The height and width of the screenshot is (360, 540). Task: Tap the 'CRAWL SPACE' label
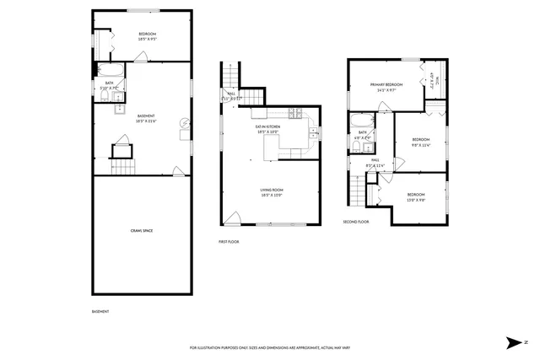[x=141, y=230]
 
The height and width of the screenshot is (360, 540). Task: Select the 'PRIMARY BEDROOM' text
[x=386, y=86]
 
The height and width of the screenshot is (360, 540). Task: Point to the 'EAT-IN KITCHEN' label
[x=267, y=128]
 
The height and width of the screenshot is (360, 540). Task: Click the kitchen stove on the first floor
[x=295, y=113]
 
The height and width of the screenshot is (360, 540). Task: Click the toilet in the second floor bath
[x=358, y=147]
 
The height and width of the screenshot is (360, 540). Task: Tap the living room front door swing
[x=232, y=218]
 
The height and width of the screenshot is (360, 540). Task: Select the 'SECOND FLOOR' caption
[x=356, y=222]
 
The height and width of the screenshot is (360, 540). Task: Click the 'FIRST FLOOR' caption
[x=229, y=242]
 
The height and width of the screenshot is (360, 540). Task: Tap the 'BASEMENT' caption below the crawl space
[x=100, y=312]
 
